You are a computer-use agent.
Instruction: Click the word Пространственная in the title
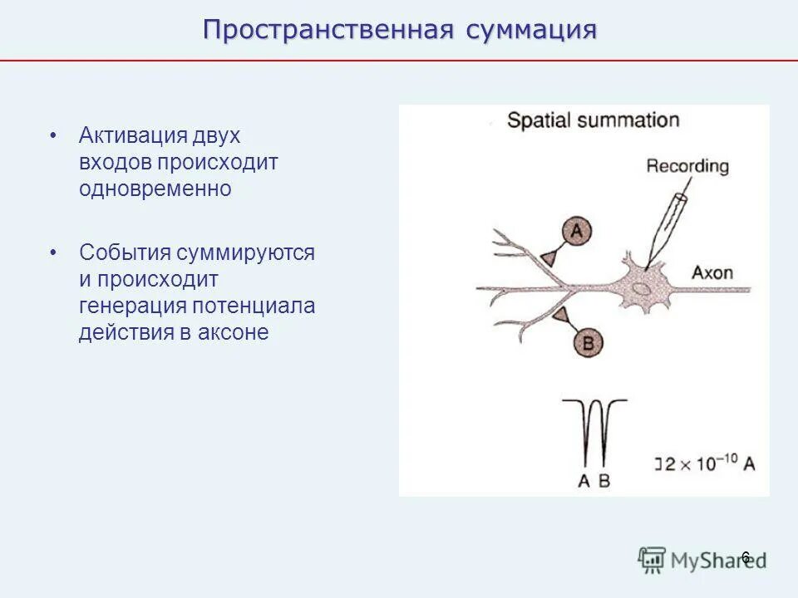pos(328,30)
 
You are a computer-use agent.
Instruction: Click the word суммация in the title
pos(531,30)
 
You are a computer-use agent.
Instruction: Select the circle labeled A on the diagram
pos(576,232)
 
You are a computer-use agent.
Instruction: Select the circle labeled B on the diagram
pos(589,341)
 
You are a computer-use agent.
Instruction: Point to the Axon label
pos(712,273)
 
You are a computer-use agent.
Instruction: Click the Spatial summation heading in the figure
pos(593,120)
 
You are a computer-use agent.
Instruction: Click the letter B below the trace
pos(604,480)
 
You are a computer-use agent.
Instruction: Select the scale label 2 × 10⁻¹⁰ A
pos(708,463)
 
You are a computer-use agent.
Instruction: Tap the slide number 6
pos(745,556)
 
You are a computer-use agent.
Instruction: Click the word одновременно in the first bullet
pos(155,189)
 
